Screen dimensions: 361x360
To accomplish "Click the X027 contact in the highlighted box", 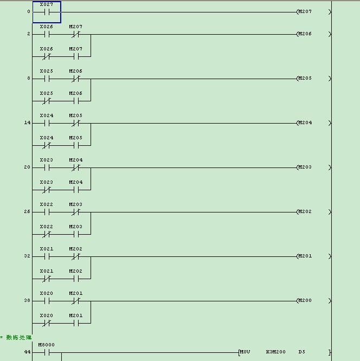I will [x=47, y=11].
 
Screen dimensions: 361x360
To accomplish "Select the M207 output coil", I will [x=304, y=11].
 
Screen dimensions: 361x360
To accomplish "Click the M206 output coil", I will [x=304, y=34].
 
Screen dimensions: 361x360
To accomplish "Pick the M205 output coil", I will [x=304, y=78].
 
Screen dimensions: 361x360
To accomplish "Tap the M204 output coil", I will [x=304, y=123].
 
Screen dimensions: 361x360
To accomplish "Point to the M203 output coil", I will [x=304, y=167].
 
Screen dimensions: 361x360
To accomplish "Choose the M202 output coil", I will [x=304, y=211].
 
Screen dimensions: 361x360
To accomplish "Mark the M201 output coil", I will [x=304, y=256].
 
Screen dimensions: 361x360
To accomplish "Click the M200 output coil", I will [x=304, y=300].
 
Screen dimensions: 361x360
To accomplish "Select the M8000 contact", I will [x=47, y=352].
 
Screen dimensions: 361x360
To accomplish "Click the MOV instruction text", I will [x=245, y=352].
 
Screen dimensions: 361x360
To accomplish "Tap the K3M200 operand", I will [x=275, y=352].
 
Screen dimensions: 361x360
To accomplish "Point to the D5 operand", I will [x=301, y=352].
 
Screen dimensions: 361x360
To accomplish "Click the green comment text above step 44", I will [x=18, y=338].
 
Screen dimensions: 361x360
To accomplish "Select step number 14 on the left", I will [x=27, y=123].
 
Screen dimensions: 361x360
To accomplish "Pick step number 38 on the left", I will [x=27, y=300].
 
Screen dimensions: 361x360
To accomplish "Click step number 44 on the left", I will [x=27, y=352].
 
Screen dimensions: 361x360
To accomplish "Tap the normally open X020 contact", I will [x=47, y=300].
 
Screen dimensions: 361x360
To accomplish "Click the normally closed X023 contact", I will [x=47, y=190].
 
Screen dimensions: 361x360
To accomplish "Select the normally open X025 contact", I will [x=47, y=78].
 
